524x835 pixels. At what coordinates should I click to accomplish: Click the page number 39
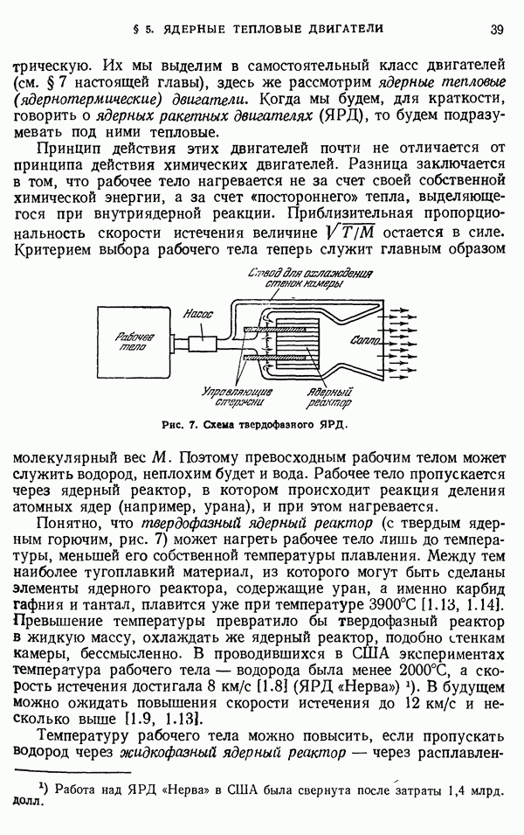[496, 29]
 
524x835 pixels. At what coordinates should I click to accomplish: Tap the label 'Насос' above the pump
[198, 315]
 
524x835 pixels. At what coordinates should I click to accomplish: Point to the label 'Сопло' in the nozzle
[365, 340]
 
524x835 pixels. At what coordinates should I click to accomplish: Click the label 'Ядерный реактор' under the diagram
[328, 398]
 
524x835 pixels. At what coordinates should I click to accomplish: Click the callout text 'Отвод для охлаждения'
[310, 273]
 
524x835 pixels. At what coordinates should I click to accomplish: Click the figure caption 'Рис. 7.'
[180, 425]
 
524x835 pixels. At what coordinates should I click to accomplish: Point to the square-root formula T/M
[351, 233]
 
